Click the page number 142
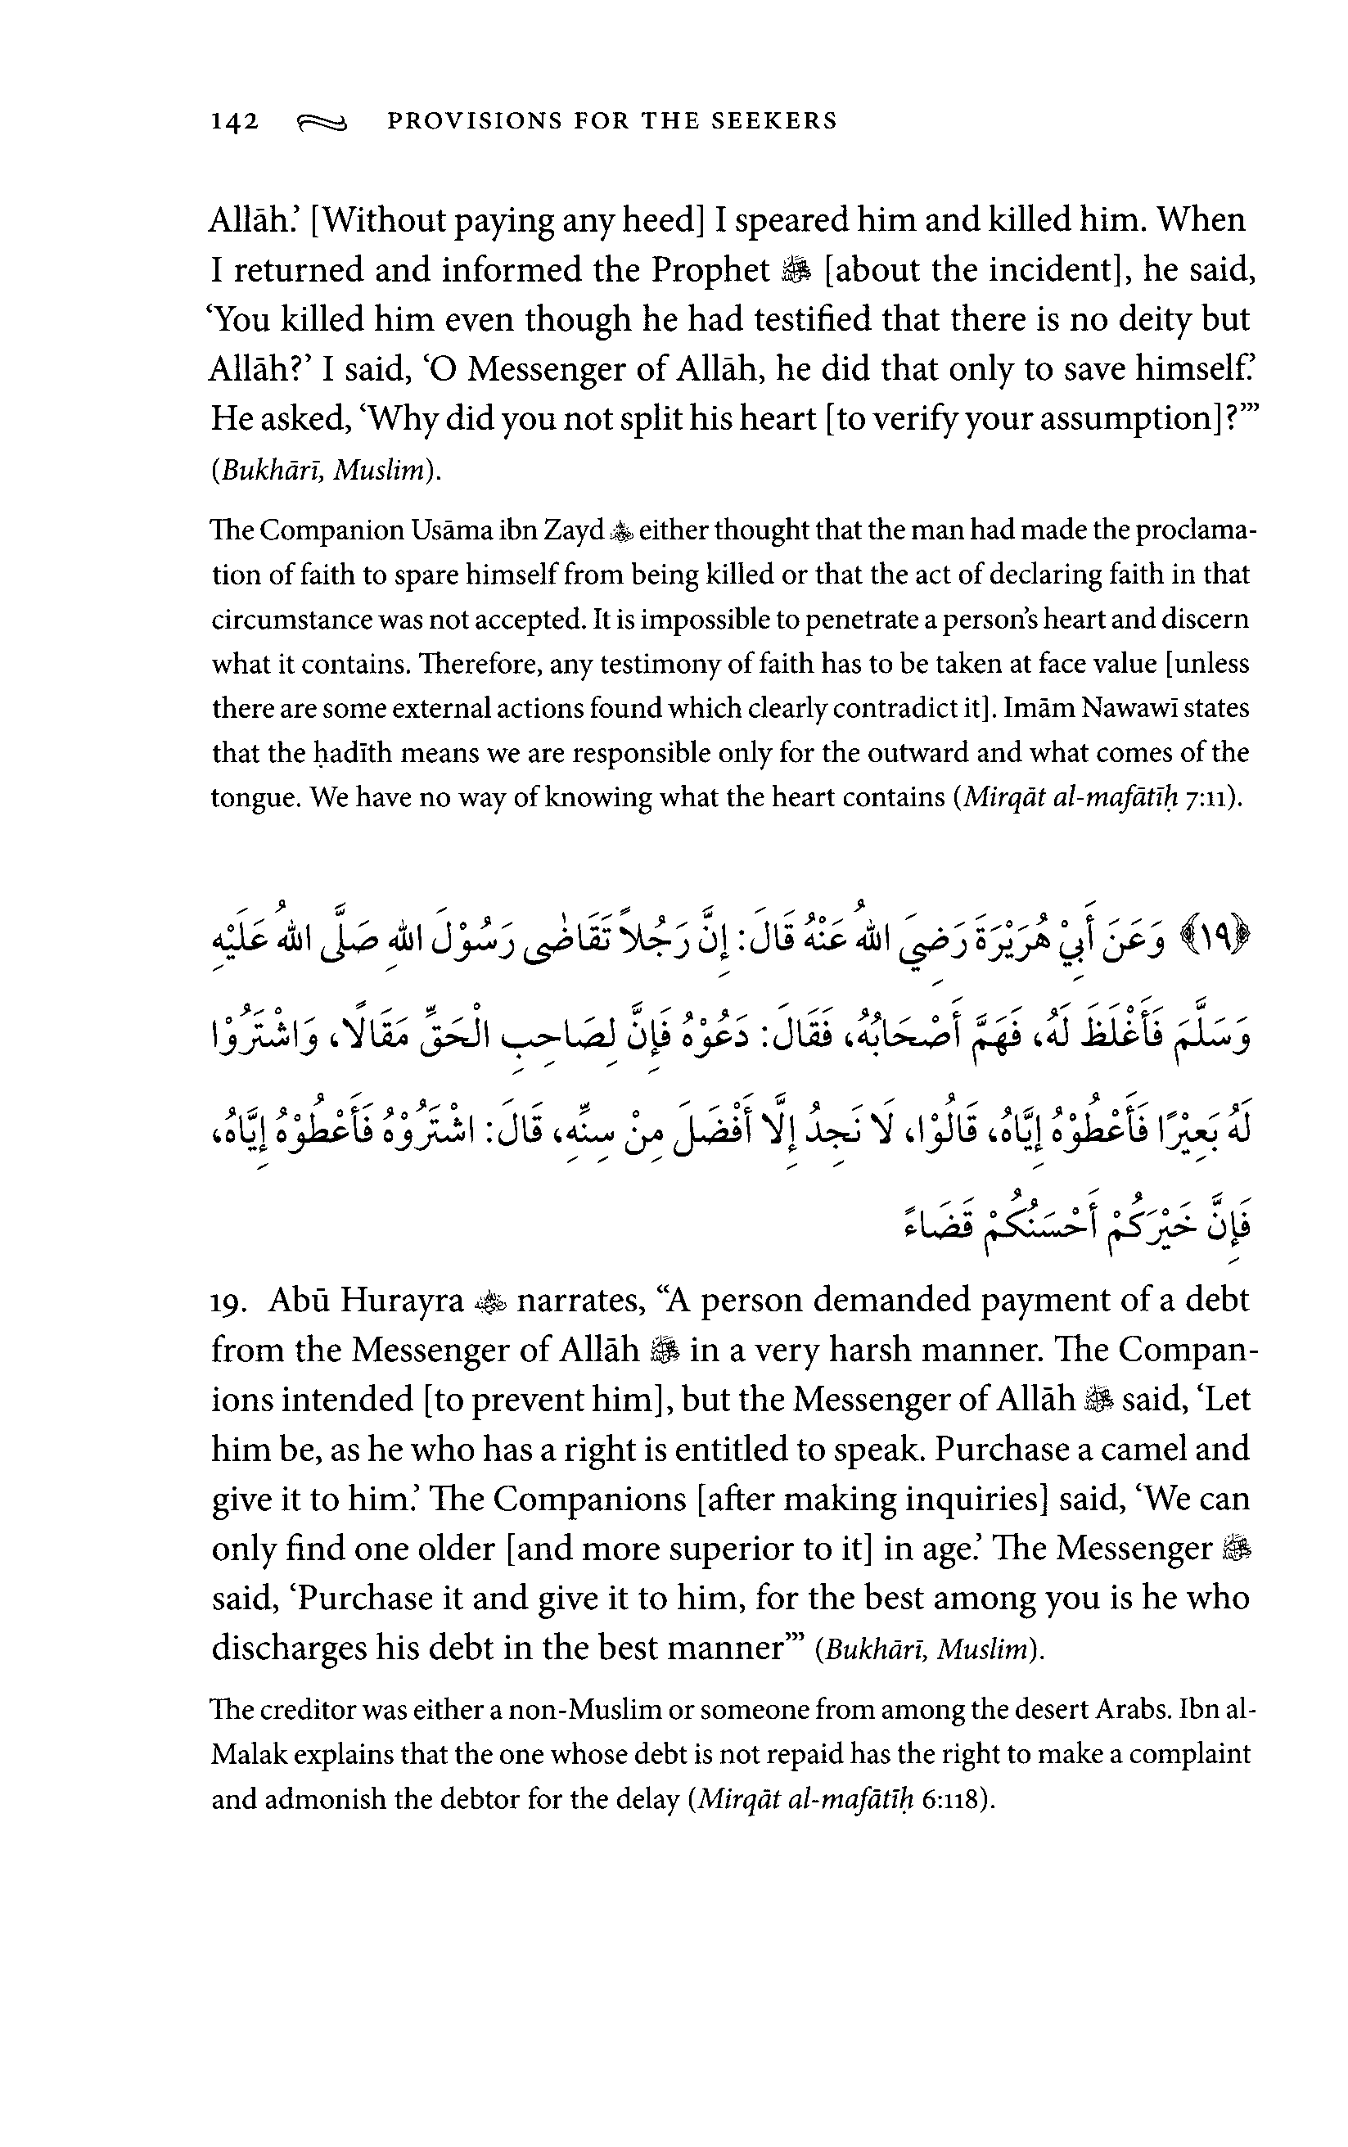234,121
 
